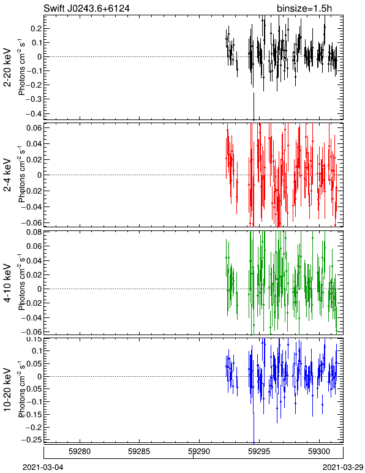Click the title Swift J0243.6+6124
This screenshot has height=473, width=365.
[x=86, y=8]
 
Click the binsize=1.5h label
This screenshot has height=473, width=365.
[x=304, y=8]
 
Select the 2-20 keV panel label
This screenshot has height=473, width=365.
[x=7, y=67]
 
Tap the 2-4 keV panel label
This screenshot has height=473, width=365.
[x=7, y=175]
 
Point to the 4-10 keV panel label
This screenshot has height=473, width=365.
[x=7, y=283]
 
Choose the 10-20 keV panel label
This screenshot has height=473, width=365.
[x=7, y=390]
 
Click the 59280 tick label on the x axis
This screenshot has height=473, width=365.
[x=80, y=452]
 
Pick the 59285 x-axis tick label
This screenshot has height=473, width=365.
[x=139, y=452]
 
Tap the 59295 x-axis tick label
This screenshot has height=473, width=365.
[x=259, y=452]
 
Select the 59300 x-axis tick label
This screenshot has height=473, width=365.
[x=319, y=452]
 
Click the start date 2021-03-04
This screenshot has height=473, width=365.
[x=43, y=467]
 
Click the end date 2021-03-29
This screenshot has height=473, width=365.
[x=343, y=467]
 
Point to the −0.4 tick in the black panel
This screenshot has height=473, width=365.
[x=34, y=113]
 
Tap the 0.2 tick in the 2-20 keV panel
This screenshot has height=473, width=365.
[x=36, y=28]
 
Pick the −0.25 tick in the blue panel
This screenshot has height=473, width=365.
[x=34, y=440]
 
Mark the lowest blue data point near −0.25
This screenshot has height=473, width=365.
[x=254, y=442]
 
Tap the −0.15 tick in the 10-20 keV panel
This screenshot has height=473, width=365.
[x=34, y=414]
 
